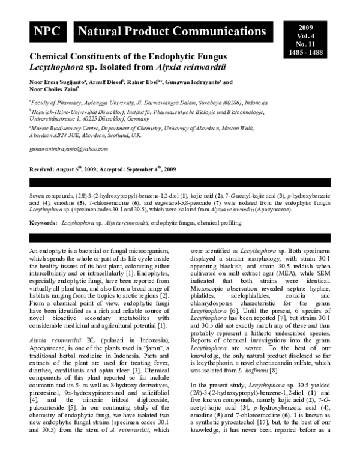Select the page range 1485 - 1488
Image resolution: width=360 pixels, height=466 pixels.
(306, 52)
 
